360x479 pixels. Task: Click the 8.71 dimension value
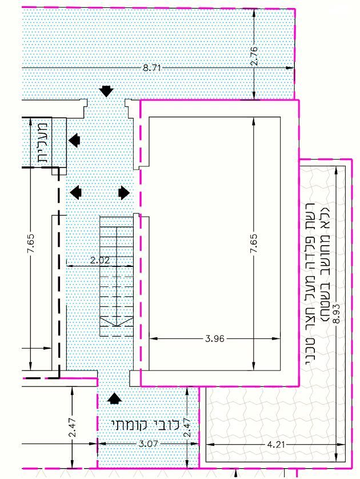point(152,67)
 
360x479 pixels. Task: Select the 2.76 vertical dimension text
point(254,56)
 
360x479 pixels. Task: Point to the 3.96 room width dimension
point(215,338)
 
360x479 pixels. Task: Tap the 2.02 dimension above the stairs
point(100,260)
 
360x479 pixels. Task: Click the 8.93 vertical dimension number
point(336,314)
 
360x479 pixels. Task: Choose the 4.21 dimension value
point(276,444)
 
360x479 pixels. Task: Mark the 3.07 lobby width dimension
point(148,444)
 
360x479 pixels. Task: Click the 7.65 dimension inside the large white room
point(254,244)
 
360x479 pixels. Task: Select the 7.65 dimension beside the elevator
point(31,244)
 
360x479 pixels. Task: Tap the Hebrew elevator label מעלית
point(42,142)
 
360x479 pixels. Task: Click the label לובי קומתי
point(145,424)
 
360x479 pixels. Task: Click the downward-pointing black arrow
point(106,91)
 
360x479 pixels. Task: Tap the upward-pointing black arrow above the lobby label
point(114,398)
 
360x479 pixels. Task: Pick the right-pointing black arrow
point(124,193)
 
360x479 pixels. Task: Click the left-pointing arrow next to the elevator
point(74,140)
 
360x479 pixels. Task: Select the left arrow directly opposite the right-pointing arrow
point(76,193)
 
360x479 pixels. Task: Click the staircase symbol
point(117,276)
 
